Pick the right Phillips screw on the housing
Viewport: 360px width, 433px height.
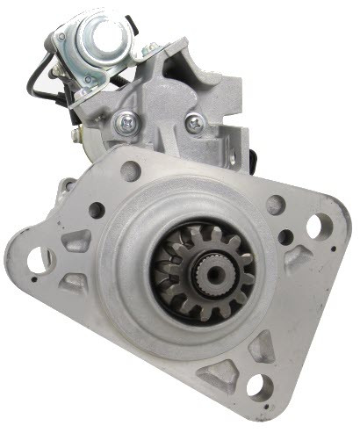click(195, 124)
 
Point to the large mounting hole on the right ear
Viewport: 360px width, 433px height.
click(313, 227)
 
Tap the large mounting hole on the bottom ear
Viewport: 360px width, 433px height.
click(260, 385)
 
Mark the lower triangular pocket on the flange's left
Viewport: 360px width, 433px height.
click(76, 280)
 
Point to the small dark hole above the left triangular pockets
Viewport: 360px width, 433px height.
click(97, 210)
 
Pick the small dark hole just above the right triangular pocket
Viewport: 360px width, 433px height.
click(285, 236)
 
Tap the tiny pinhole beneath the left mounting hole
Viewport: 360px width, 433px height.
click(33, 283)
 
